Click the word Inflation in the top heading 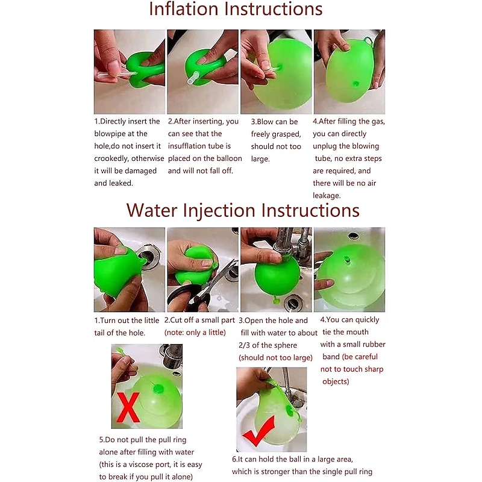184,8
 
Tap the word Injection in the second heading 219,210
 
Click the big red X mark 128,408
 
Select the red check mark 258,430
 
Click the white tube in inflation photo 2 193,78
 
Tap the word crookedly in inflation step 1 112,158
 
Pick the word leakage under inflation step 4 327,196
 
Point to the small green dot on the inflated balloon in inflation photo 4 356,84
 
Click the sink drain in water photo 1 149,257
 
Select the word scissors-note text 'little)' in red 216,333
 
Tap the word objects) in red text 336,382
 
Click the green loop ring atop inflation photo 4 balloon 368,42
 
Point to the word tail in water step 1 99,333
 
